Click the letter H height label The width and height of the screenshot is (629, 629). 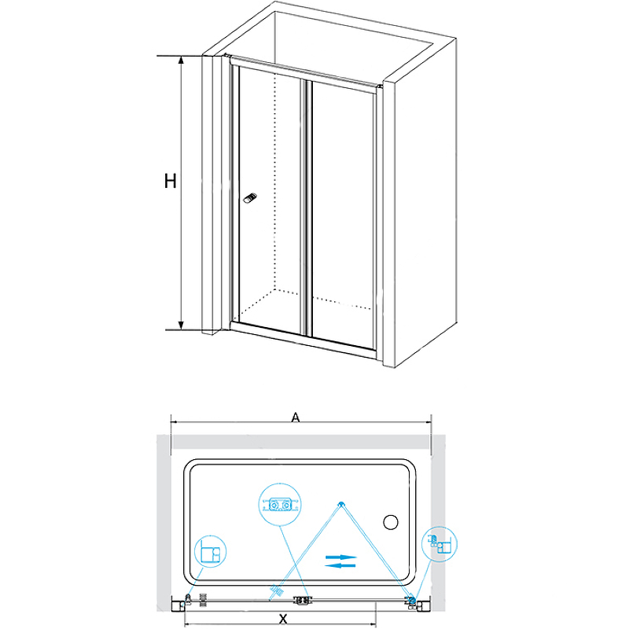[169, 182]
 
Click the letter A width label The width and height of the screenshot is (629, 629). [296, 418]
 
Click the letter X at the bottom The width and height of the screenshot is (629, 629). [282, 619]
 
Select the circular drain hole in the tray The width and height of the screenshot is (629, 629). [390, 523]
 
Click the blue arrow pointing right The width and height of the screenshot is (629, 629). [341, 557]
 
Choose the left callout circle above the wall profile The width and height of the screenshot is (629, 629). [207, 550]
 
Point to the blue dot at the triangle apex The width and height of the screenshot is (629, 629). [340, 504]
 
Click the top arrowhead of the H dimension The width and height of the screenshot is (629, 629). [181, 60]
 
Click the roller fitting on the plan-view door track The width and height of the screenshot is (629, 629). [301, 601]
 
